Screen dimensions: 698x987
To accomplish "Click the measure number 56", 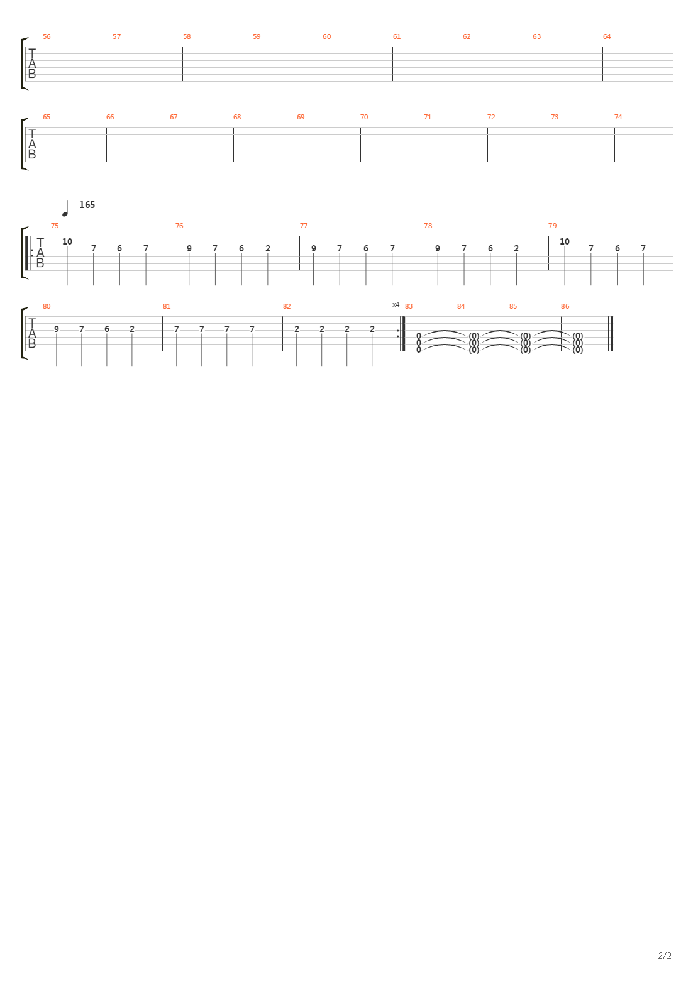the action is tap(47, 36).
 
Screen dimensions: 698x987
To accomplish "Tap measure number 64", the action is tap(607, 36).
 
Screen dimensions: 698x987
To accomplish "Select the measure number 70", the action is tap(364, 117).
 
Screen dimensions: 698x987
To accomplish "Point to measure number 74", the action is tap(618, 117).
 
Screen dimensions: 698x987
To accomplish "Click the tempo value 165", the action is tap(87, 205).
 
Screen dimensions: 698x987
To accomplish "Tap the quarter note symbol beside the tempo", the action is tap(65, 209).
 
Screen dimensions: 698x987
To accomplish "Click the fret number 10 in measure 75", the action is tap(67, 241).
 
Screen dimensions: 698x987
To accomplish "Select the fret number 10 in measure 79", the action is tap(565, 241).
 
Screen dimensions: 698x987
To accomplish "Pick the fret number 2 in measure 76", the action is tap(268, 248).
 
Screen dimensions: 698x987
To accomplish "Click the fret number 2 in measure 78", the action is tap(516, 248).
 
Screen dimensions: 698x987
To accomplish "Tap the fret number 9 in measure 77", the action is tap(314, 248).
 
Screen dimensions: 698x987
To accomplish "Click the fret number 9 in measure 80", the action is tap(57, 329).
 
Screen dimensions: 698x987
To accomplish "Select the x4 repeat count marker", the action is tap(396, 304).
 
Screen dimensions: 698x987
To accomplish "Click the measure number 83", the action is tap(409, 306).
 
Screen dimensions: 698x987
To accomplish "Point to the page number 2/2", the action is tap(665, 956).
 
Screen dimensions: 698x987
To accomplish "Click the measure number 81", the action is tap(167, 306).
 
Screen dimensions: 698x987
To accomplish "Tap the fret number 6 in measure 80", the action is tap(107, 329).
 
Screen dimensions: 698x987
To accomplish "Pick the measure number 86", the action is tap(565, 306).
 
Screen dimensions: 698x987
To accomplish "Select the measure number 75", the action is tap(55, 226).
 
